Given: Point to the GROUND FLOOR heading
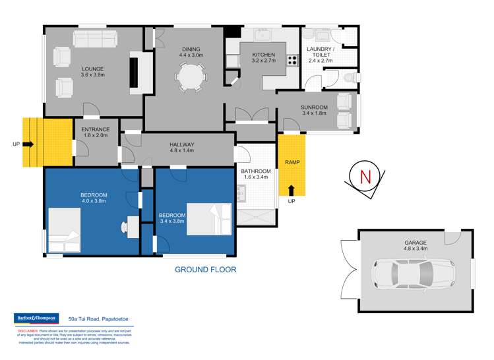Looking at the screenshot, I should (205, 269).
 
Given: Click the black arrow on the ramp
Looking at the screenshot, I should (291, 191).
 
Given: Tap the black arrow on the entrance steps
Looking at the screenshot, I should (28, 143).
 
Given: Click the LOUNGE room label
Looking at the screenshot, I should (93, 68).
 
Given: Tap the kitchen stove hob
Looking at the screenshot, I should (293, 60).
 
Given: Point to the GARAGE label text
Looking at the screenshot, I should (416, 242).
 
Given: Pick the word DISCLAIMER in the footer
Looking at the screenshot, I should (24, 332).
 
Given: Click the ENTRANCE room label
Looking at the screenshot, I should (96, 129).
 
